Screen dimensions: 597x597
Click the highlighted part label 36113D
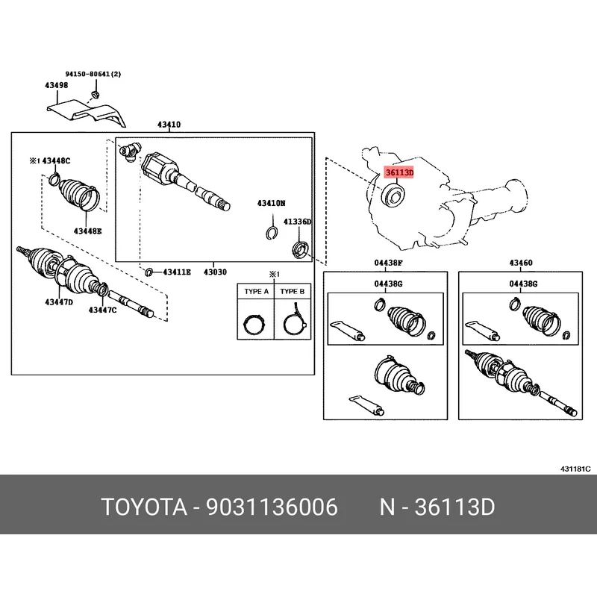point(398,172)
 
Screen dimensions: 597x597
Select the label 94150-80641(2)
point(93,74)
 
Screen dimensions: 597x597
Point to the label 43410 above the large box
point(169,125)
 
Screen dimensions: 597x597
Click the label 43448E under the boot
point(88,231)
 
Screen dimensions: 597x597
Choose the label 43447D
point(59,301)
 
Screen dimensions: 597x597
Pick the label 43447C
point(103,310)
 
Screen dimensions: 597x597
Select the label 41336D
point(296,222)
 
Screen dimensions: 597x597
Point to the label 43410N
point(272,203)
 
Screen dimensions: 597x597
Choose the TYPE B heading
point(292,292)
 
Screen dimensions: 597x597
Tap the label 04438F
point(388,263)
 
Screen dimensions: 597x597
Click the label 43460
point(521,263)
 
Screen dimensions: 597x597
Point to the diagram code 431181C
point(575,469)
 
